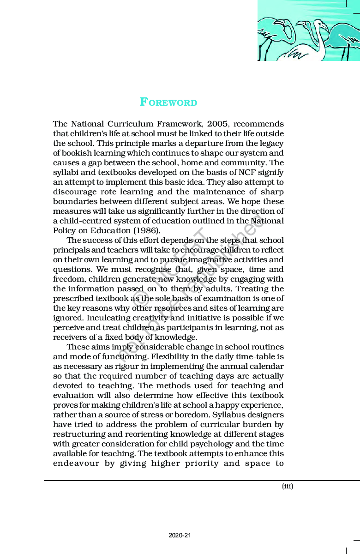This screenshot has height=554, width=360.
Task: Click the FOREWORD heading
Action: point(168,102)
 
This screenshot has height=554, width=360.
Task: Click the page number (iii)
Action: point(288,486)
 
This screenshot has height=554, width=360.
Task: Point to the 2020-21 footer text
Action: point(180,536)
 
